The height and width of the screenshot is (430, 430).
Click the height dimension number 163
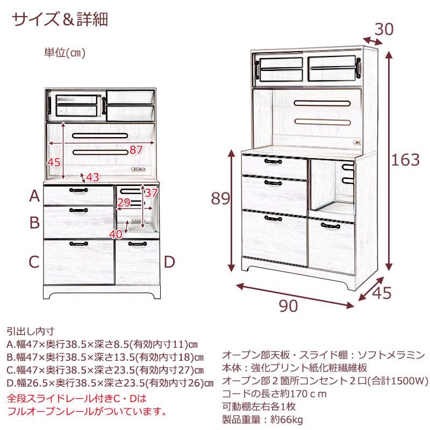click(x=406, y=160)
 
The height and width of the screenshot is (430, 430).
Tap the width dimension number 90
click(x=289, y=306)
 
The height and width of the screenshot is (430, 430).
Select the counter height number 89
click(x=219, y=199)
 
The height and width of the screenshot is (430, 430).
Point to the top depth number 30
click(x=384, y=29)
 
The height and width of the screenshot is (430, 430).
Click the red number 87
click(x=136, y=149)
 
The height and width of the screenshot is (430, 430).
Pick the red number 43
click(x=92, y=176)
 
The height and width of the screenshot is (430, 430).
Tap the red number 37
click(x=151, y=192)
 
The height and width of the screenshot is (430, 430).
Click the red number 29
click(x=124, y=203)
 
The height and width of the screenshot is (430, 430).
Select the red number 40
click(x=116, y=233)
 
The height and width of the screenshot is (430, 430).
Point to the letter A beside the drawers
click(x=34, y=196)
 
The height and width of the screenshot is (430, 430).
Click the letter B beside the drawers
click(x=34, y=221)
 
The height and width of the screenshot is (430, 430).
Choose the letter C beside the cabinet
click(x=34, y=262)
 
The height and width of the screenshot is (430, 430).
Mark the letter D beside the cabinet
click(x=169, y=262)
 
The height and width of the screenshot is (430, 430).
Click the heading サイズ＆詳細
click(x=60, y=19)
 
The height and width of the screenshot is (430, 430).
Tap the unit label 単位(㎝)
click(x=65, y=53)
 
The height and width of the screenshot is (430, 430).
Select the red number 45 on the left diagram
click(x=54, y=162)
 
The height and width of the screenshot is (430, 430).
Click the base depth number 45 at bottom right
click(x=381, y=293)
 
